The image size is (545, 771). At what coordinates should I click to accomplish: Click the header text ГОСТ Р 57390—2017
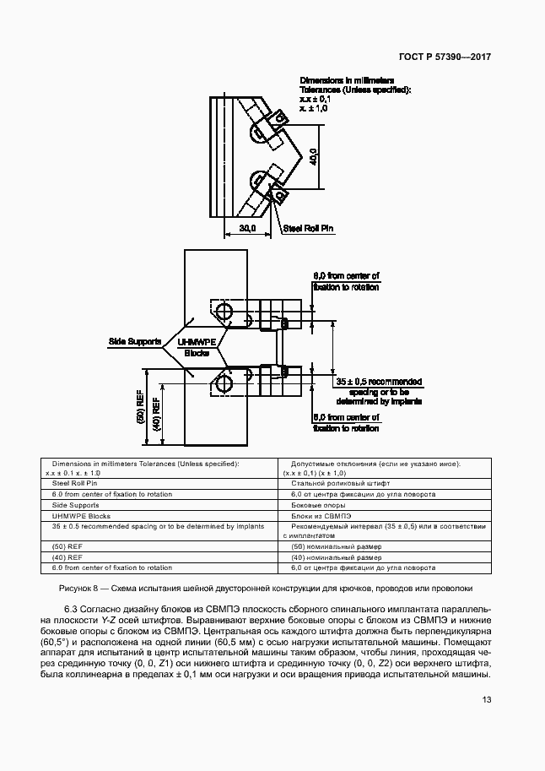[x=445, y=57]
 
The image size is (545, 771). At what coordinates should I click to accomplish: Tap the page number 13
[x=487, y=699]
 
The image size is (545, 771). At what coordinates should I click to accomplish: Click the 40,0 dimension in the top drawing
[x=313, y=157]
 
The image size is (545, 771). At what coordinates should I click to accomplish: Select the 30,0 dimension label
[x=246, y=229]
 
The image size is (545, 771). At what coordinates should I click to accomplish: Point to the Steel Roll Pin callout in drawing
[x=310, y=228]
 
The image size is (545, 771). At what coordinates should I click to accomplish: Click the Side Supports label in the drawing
[x=128, y=341]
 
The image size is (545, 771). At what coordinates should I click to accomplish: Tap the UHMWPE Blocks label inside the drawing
[x=196, y=346]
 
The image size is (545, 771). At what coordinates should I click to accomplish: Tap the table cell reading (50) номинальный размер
[x=336, y=546]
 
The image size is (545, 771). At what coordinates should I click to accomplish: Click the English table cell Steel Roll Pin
[x=75, y=483]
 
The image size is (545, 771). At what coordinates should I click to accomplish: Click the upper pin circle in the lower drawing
[x=225, y=312]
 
